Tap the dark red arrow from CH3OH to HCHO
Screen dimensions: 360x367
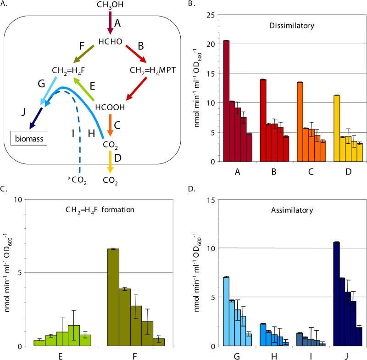[x=110, y=22]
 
